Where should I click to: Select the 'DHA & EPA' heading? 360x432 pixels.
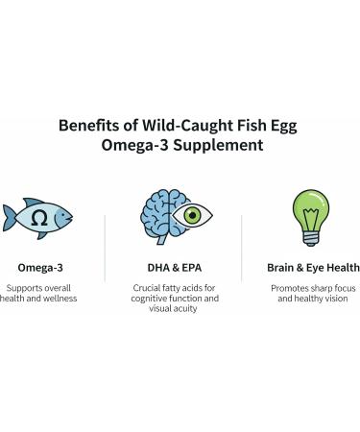174,268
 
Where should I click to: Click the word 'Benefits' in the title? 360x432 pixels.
84,125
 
